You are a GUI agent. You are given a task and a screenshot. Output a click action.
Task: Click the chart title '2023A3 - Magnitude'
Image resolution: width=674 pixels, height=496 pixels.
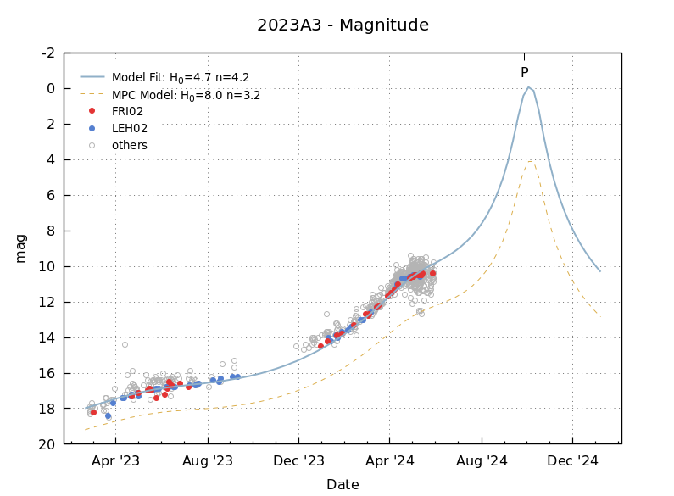point(343,25)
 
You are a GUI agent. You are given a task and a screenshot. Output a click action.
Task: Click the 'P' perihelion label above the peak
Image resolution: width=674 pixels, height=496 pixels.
point(524,73)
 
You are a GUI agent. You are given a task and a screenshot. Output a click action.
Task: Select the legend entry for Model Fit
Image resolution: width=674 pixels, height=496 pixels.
point(181,78)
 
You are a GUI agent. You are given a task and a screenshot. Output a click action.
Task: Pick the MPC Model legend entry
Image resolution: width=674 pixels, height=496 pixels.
point(186,96)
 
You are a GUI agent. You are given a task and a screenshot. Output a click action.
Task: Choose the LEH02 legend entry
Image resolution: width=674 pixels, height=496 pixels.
point(130,129)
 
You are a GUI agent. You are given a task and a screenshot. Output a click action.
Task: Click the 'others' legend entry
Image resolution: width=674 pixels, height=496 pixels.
point(130,145)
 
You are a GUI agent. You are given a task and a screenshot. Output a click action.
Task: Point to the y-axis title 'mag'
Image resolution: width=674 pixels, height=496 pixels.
point(21,248)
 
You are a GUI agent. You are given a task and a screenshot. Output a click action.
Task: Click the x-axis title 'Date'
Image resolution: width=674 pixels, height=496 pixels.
point(343,485)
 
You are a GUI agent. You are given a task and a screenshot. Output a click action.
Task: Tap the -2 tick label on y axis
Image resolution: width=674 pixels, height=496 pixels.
point(48,53)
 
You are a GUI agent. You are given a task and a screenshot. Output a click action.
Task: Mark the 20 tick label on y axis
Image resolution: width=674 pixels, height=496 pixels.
point(48,444)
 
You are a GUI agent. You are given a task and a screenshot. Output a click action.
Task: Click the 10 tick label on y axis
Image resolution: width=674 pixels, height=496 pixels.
point(48,266)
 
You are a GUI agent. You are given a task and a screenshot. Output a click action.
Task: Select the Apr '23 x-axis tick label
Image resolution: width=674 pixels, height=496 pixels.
point(116,461)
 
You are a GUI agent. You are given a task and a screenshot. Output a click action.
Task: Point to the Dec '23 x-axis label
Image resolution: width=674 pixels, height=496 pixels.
point(299,461)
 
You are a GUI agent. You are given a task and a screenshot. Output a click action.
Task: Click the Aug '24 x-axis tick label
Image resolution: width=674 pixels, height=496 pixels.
point(482,461)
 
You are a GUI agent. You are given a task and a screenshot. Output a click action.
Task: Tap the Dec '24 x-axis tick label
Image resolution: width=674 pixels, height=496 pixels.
point(573,461)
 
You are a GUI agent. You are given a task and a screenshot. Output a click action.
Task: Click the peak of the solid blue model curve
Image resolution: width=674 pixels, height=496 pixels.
point(528,87)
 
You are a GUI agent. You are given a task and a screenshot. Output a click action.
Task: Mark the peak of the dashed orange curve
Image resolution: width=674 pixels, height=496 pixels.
point(530,160)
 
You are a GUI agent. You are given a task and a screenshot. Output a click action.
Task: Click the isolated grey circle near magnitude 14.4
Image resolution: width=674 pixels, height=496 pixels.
point(125,344)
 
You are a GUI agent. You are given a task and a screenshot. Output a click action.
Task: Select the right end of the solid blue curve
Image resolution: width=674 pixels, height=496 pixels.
point(600,271)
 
